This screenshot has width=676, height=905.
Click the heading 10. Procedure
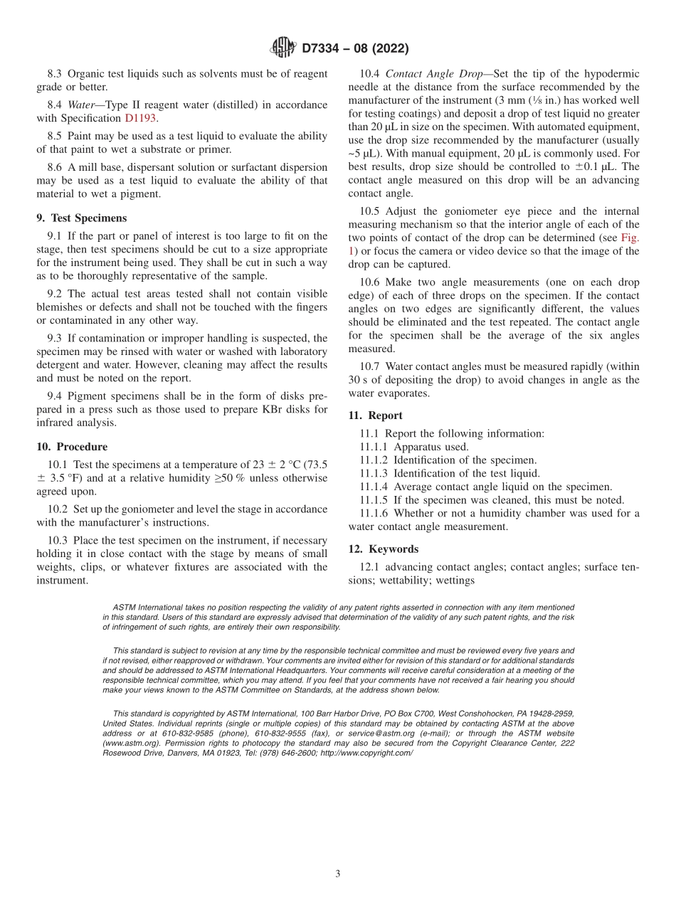click(x=72, y=447)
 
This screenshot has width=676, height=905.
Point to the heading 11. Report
click(x=375, y=416)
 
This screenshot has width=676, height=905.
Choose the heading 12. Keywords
click(x=383, y=549)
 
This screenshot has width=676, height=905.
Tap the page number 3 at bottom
click(x=338, y=874)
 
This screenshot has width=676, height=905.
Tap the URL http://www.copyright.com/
click(x=366, y=753)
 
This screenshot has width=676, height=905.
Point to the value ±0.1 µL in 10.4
click(x=595, y=167)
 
